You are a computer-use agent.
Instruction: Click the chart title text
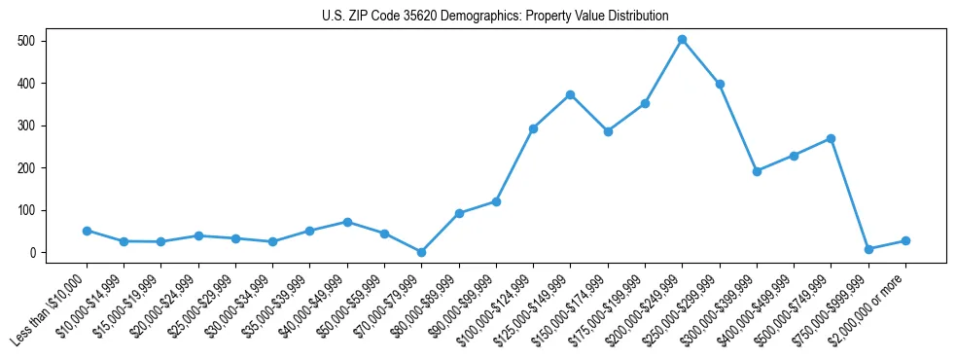point(495,17)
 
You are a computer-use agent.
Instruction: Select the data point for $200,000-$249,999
point(682,40)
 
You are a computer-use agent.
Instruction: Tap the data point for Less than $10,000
point(87,231)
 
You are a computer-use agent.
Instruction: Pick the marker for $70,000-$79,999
point(421,252)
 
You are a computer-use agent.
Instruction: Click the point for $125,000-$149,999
point(570,94)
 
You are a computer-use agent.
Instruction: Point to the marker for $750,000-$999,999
point(868,249)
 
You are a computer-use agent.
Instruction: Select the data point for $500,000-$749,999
point(831,138)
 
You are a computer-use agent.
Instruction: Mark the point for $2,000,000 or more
point(905,240)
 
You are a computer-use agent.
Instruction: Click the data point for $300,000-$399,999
point(757,171)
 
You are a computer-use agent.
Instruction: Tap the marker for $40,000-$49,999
point(347,222)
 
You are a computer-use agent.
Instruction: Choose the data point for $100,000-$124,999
point(533,128)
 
